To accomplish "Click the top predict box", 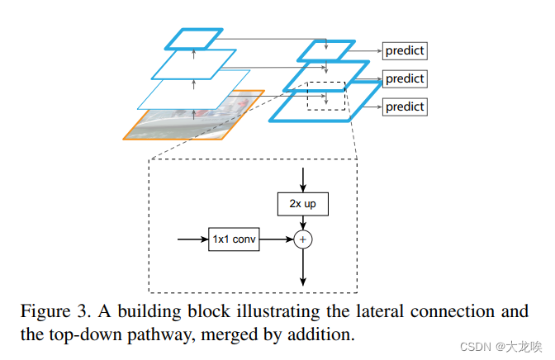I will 404,51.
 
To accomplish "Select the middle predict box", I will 404,79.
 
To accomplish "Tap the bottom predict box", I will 404,107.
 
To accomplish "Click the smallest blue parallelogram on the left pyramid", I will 193,38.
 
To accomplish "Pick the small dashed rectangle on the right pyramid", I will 327,96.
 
